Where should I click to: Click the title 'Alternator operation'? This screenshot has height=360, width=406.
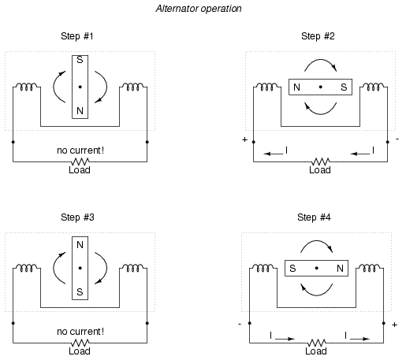(199, 9)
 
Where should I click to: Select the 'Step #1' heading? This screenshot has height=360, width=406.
(77, 36)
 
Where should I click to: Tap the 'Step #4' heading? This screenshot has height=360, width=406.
(314, 217)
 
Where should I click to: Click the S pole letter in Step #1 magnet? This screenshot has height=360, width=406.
(80, 60)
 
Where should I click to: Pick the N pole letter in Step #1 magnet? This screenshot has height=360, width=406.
(80, 111)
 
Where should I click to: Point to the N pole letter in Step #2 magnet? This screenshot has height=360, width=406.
(296, 87)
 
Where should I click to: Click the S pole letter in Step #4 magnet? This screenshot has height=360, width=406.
(292, 269)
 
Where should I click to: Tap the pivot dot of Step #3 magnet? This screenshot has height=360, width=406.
(80, 268)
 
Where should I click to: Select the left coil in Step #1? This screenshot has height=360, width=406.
(27, 87)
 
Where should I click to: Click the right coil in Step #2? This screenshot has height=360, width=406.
(374, 87)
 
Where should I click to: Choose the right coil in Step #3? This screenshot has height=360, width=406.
(133, 268)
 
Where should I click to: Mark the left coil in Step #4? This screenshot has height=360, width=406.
(263, 268)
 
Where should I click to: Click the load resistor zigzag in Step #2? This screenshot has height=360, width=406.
(320, 161)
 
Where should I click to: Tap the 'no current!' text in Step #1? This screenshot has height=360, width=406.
(80, 150)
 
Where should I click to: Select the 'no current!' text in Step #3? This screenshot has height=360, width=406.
(80, 332)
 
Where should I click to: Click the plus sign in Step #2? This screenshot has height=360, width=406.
(244, 139)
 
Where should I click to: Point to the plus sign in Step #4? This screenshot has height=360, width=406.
(394, 325)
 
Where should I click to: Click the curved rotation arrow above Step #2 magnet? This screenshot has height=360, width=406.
(321, 60)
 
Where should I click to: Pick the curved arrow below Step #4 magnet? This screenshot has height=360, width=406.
(316, 295)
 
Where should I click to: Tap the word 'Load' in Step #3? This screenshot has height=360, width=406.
(80, 351)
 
